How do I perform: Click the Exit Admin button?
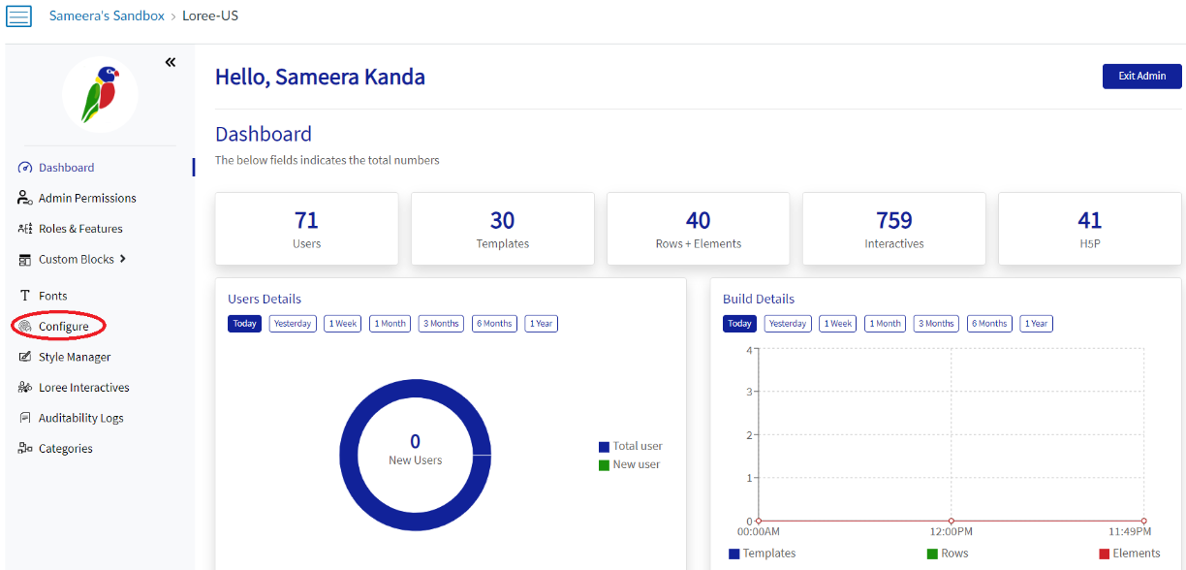click(x=1141, y=76)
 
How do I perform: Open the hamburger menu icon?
click(x=18, y=16)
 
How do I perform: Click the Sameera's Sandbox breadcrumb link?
click(x=107, y=16)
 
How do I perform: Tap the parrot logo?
click(x=100, y=94)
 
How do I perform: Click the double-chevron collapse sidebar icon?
click(x=171, y=62)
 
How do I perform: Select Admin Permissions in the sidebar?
click(x=86, y=198)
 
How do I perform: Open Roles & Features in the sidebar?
click(x=79, y=229)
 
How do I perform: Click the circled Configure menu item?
click(x=63, y=327)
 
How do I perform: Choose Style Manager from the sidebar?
click(x=74, y=357)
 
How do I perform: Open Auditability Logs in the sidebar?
click(x=80, y=418)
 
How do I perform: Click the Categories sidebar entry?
click(x=65, y=449)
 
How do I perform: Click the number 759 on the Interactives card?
click(x=893, y=220)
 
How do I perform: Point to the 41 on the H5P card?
click(x=1089, y=220)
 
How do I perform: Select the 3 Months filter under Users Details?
click(x=441, y=324)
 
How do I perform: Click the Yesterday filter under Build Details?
click(x=788, y=324)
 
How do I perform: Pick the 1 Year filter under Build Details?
click(x=1036, y=324)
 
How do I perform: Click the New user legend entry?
click(x=636, y=464)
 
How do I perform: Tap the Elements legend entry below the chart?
click(x=1136, y=554)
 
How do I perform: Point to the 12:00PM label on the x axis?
click(x=951, y=531)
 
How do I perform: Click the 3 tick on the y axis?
click(x=749, y=392)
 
